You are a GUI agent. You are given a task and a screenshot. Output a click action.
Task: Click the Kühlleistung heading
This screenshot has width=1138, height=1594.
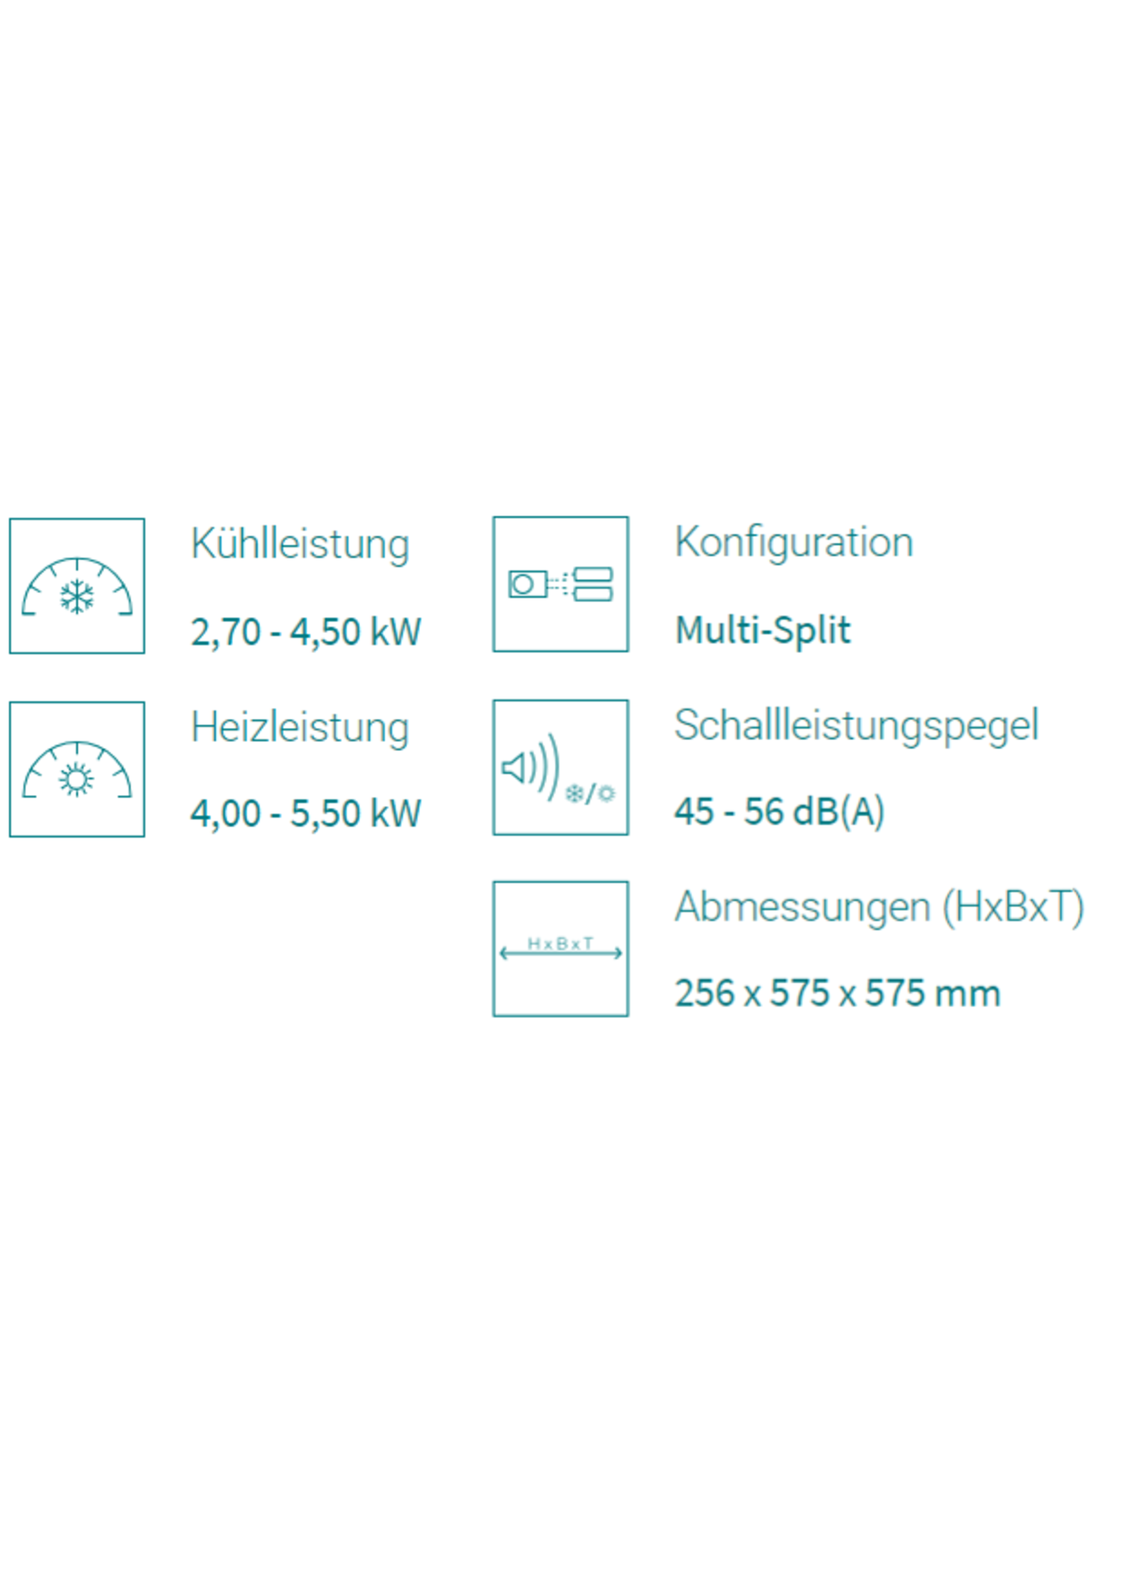pyautogui.click(x=300, y=544)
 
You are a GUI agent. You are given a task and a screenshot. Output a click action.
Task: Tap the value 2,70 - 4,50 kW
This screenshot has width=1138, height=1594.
pyautogui.click(x=306, y=631)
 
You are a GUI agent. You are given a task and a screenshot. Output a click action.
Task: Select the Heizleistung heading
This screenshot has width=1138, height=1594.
pyautogui.click(x=300, y=728)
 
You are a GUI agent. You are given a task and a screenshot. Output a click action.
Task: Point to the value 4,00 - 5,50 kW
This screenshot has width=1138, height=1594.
pyautogui.click(x=306, y=813)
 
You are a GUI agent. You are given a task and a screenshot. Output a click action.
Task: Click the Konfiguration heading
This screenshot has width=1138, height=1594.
pyautogui.click(x=794, y=542)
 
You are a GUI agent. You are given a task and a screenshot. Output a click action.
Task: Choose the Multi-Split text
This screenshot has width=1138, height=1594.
pyautogui.click(x=763, y=629)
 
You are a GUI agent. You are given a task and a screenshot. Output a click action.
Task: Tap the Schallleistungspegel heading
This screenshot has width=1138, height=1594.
pyautogui.click(x=856, y=726)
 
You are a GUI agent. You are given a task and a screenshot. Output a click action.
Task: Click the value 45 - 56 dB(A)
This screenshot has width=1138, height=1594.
pyautogui.click(x=779, y=812)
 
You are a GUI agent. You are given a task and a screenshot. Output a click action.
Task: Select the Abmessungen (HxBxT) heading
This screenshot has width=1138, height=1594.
pyautogui.click(x=880, y=907)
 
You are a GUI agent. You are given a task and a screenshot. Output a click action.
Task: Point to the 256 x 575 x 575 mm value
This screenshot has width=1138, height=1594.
pyautogui.click(x=837, y=993)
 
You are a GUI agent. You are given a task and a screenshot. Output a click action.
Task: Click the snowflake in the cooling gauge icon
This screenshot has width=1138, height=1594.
pyautogui.click(x=77, y=597)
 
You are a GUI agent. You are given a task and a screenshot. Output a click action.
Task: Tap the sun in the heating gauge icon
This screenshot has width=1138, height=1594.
pyautogui.click(x=76, y=779)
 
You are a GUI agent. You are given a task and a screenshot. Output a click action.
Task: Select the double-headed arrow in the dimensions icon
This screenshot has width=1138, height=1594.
pyautogui.click(x=561, y=953)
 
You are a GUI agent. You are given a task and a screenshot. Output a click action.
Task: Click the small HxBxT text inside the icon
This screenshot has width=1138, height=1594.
pyautogui.click(x=561, y=943)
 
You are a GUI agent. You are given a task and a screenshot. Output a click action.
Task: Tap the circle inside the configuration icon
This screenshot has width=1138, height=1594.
pyautogui.click(x=522, y=584)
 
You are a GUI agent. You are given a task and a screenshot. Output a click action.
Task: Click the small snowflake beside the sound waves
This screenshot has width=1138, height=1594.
pyautogui.click(x=575, y=794)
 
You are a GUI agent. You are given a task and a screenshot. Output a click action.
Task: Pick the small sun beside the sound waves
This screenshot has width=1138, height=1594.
pyautogui.click(x=606, y=794)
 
